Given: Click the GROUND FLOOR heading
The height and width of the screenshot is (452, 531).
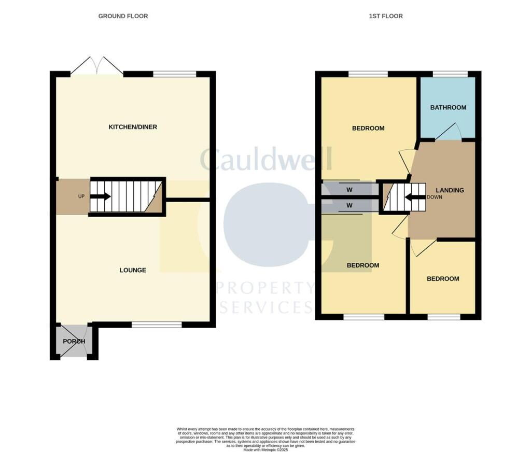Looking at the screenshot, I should pos(123,16).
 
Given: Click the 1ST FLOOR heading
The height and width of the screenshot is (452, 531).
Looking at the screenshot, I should pos(385,16).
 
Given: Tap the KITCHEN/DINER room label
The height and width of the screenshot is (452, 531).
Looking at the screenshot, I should pos(132,127).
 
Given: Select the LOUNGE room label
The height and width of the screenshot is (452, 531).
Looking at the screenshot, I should pos(133,270).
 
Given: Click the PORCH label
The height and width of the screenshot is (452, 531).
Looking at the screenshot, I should pos(74,342).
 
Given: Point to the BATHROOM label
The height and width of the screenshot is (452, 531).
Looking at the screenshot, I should pos(448,108).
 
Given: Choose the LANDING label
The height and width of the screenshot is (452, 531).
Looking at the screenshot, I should pos(450,190).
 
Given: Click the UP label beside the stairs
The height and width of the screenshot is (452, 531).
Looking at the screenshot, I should pos(81,197).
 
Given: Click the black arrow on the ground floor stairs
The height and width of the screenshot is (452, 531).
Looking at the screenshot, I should pos(101,196).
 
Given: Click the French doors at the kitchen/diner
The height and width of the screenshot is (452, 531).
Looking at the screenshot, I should pos(96,66).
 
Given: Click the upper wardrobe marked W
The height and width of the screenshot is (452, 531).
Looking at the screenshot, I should pos(349,189).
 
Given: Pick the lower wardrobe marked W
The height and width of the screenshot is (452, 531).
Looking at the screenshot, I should pos(349,206).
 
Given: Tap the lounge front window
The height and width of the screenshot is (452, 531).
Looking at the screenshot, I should pos(157,325).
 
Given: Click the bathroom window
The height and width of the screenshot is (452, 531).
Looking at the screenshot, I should pos(449,74).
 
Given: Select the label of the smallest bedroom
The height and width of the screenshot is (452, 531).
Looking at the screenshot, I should pos(443,279).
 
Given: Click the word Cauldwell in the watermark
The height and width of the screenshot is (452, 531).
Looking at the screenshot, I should pos(265,159).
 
